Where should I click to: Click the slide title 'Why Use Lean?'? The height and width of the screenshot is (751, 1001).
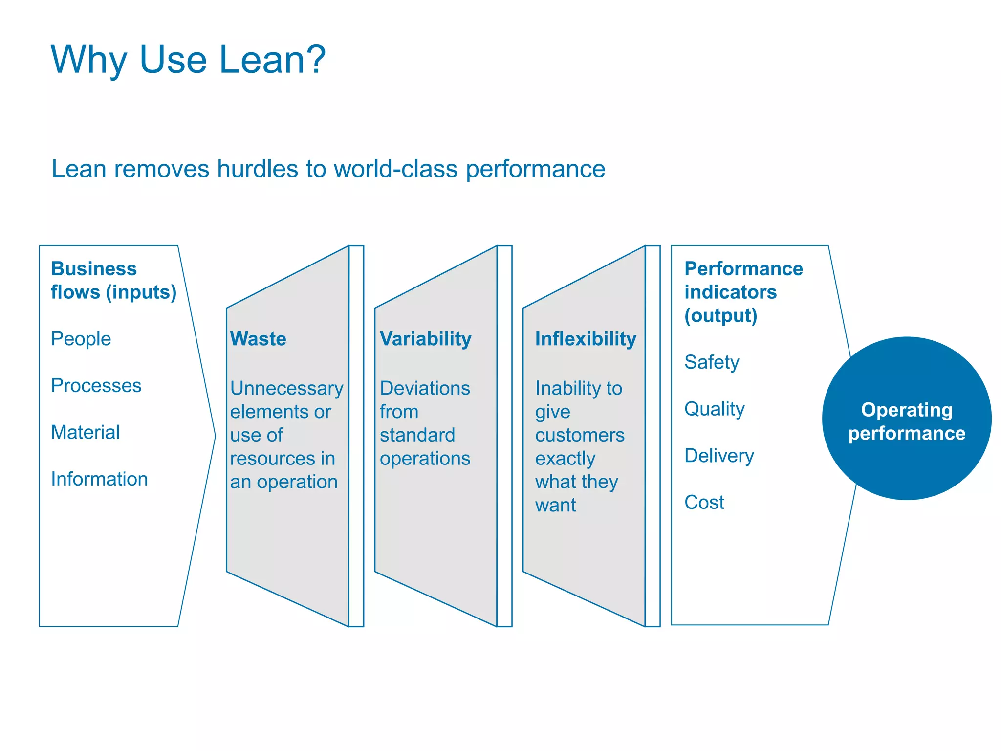(188, 60)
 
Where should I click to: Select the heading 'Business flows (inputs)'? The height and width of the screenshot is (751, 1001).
(113, 280)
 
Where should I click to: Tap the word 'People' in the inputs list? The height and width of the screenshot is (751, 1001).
(81, 339)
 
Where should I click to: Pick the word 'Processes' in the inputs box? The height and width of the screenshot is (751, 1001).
(96, 386)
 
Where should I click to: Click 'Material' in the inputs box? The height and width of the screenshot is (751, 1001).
(86, 432)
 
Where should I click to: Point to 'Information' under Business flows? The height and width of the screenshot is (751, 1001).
(99, 479)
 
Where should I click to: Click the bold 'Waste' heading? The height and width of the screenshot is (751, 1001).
(258, 339)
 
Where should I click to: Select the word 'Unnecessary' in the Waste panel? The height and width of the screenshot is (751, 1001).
(287, 388)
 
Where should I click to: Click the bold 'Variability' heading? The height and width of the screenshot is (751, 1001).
(425, 339)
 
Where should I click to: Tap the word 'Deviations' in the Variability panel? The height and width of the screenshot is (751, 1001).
(425, 388)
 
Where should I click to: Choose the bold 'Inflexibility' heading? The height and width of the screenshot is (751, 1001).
(586, 339)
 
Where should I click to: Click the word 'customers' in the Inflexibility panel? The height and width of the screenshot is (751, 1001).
(580, 435)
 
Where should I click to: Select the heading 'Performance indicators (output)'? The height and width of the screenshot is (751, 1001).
(743, 292)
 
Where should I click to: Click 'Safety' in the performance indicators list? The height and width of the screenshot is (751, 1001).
(712, 362)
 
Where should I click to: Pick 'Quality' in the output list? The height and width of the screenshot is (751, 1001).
(714, 409)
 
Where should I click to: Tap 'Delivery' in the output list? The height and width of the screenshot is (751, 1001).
(719, 456)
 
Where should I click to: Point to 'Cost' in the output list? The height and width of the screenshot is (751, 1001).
(704, 502)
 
